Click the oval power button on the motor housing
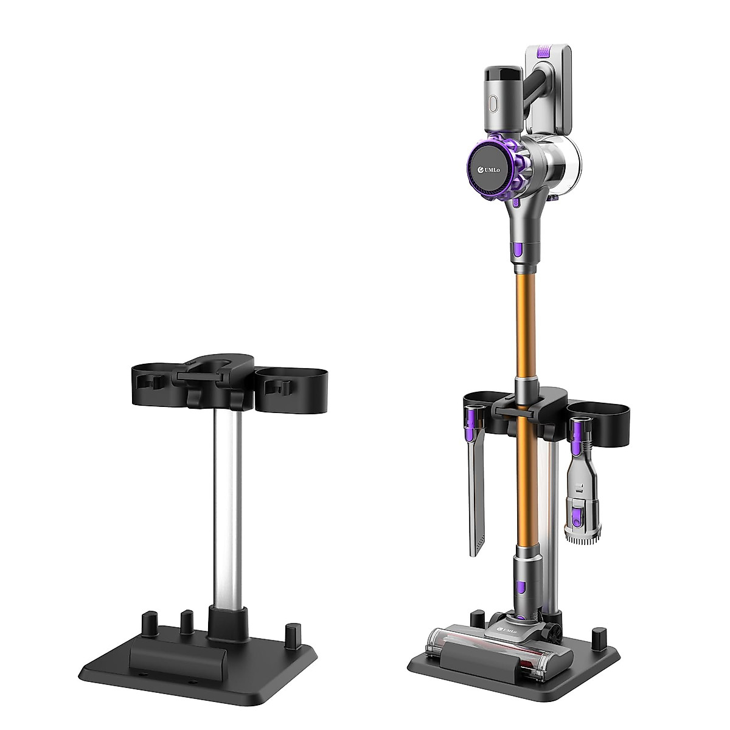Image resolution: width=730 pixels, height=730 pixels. tap(493, 104)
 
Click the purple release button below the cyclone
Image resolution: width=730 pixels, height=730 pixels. tap(517, 248)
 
